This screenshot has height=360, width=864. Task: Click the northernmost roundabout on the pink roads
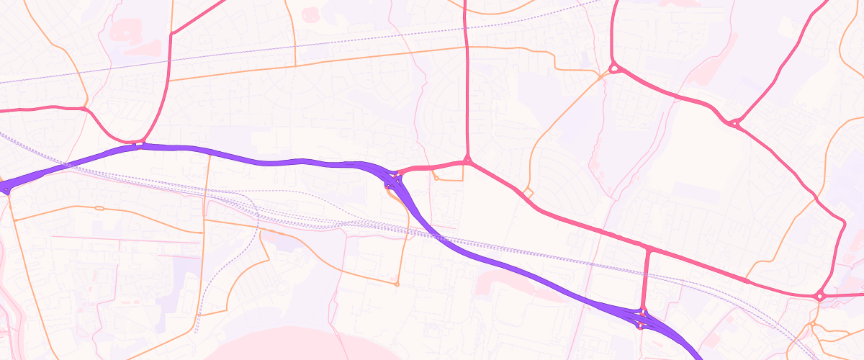[x=614, y=68]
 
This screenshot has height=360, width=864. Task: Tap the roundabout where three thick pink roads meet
[x=734, y=124]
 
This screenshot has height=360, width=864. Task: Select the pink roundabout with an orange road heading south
[x=819, y=296]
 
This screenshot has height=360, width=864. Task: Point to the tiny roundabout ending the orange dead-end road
[x=397, y=284]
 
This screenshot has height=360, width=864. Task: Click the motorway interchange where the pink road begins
[x=394, y=176]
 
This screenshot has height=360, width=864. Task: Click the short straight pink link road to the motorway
[x=647, y=281]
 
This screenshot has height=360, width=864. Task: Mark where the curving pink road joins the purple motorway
[x=140, y=144]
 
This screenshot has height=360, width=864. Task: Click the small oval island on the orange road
[x=99, y=208]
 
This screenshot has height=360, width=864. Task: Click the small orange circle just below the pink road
[x=436, y=177]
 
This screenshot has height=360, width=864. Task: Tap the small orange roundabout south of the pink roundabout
[x=813, y=325]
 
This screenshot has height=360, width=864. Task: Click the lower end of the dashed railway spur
[x=196, y=333]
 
